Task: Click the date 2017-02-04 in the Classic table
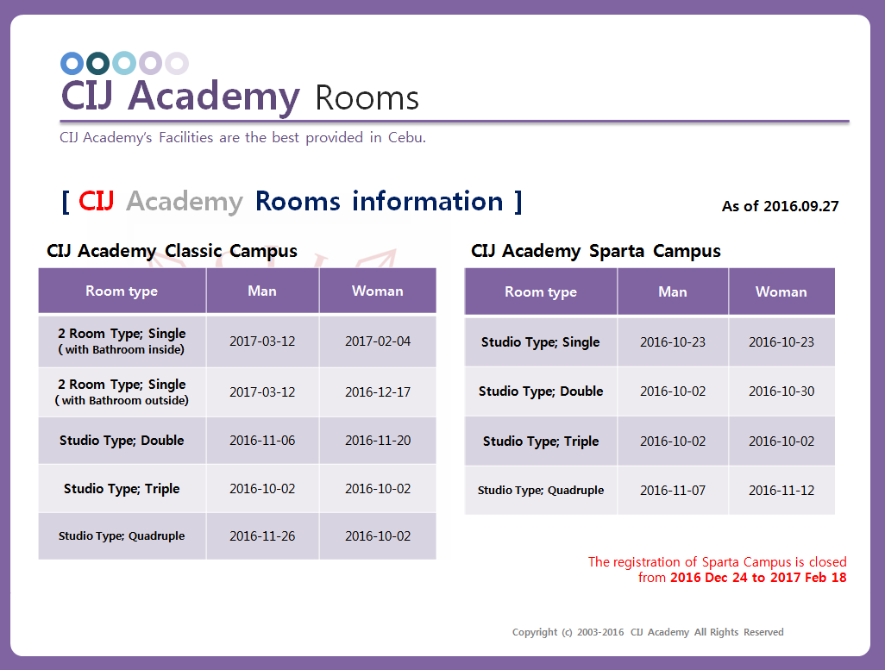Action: (x=378, y=341)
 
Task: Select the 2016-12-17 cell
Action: (x=378, y=391)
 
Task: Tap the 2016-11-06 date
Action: (x=262, y=441)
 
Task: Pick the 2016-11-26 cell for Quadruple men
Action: (x=262, y=536)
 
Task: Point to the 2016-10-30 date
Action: (x=781, y=391)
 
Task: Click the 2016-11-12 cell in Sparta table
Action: (x=781, y=491)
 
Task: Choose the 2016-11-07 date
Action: (x=672, y=491)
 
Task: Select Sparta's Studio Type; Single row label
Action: (x=540, y=342)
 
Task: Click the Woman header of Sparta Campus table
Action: (x=781, y=291)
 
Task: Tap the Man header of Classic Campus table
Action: (x=262, y=291)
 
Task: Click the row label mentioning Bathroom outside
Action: (x=122, y=391)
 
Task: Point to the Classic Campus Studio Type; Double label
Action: (x=122, y=441)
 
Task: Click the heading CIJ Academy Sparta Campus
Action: (x=595, y=251)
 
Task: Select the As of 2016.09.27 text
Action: (x=780, y=206)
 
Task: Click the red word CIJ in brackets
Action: (x=96, y=201)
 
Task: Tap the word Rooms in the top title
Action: (x=367, y=98)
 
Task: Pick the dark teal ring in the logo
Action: (x=97, y=63)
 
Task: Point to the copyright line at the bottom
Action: (x=648, y=632)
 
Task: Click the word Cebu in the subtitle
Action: (x=406, y=138)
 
